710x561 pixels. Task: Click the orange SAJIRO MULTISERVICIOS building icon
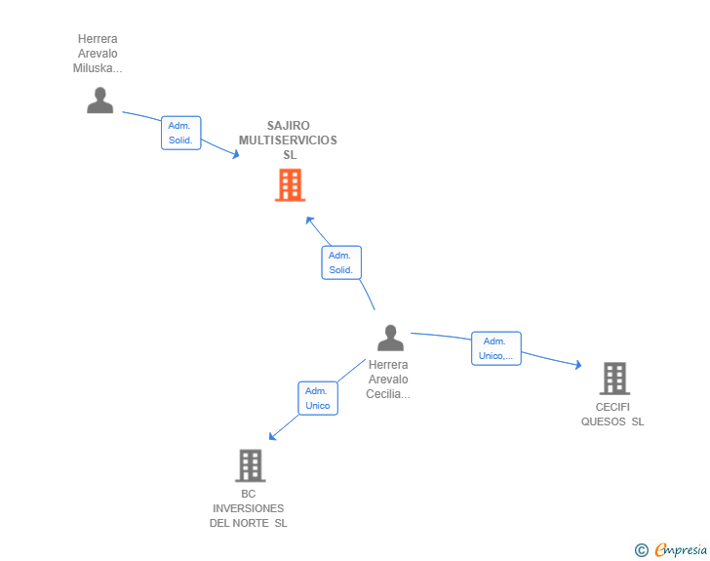point(290,184)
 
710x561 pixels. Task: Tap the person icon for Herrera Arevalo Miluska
point(99,100)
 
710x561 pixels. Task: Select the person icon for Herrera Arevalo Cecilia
point(390,338)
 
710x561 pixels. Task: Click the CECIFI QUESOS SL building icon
point(613,378)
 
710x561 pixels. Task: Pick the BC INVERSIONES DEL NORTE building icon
point(250,465)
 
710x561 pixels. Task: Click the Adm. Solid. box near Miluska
point(180,133)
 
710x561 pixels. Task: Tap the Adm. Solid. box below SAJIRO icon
point(340,262)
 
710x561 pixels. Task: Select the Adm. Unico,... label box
point(495,348)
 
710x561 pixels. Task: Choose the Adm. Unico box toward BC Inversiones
point(317,398)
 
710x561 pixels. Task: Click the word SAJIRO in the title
point(288,126)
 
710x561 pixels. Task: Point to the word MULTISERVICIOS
point(288,140)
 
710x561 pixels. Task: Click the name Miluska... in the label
point(98,68)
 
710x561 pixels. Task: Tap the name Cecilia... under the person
point(388,394)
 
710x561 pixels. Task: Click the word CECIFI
point(612,407)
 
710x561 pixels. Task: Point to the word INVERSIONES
point(249,508)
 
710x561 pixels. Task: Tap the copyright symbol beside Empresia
point(642,550)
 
